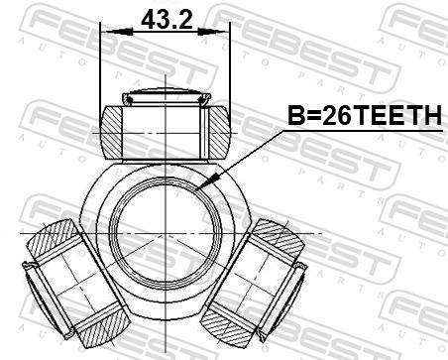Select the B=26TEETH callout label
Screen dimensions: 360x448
(x=363, y=117)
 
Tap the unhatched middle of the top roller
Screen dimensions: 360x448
(x=164, y=132)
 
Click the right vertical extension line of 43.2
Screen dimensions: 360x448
(x=229, y=69)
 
